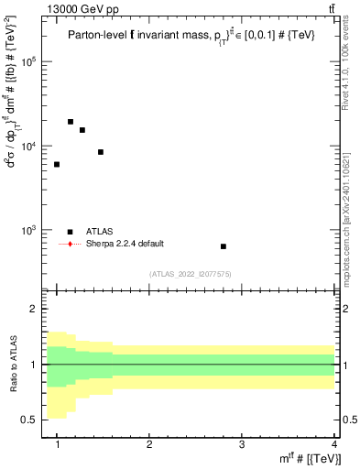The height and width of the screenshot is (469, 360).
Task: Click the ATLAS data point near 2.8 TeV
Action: coord(224,246)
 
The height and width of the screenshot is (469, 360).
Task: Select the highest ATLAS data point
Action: coord(71,122)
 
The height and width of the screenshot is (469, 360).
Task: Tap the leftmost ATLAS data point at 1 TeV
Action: coord(57,165)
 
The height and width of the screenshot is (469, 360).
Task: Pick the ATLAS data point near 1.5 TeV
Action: coord(101,152)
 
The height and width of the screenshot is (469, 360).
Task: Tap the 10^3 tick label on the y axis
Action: coord(29,230)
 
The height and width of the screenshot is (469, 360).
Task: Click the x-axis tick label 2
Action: coord(149,444)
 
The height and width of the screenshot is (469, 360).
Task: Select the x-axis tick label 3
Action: coord(242,444)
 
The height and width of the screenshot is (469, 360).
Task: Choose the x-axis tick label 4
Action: coord(334,444)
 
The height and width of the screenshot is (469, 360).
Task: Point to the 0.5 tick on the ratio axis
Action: coord(31,420)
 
